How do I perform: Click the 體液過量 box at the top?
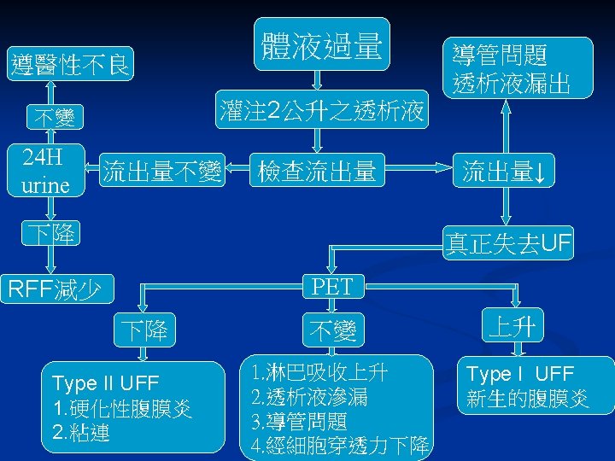pyautogui.click(x=321, y=45)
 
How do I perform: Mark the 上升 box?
pyautogui.click(x=514, y=326)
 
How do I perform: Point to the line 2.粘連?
pyautogui.click(x=82, y=432)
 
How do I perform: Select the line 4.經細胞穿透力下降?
pyautogui.click(x=340, y=445)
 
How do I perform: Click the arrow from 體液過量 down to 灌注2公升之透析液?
pyautogui.click(x=318, y=79)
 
